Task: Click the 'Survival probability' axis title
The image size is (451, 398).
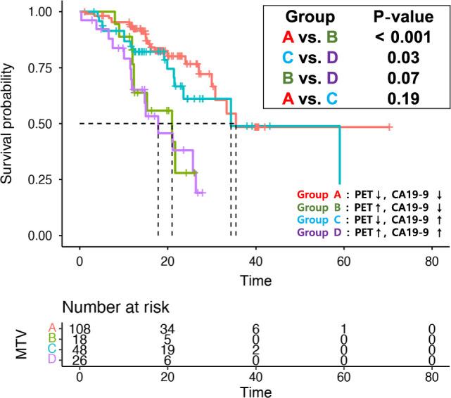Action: click(9, 124)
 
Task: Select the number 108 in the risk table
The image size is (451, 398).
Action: click(80, 329)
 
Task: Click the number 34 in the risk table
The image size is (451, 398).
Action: click(167, 329)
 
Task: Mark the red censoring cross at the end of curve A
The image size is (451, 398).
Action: click(389, 127)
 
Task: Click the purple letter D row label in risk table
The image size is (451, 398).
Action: click(51, 361)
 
